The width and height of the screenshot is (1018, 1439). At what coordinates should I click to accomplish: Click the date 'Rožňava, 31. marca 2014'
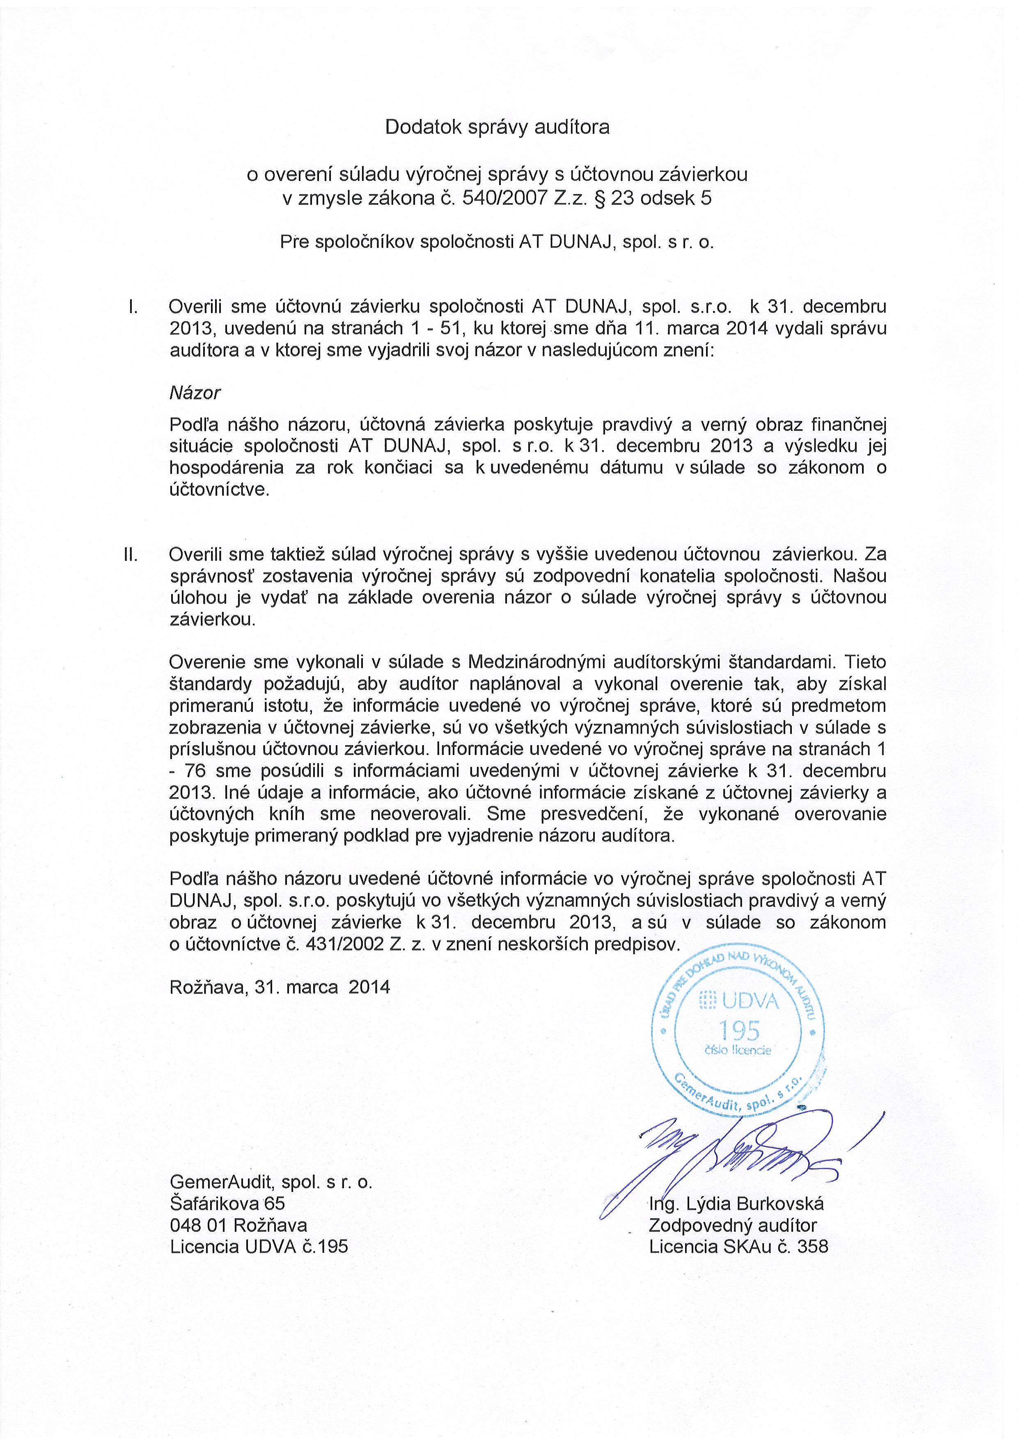pyautogui.click(x=280, y=987)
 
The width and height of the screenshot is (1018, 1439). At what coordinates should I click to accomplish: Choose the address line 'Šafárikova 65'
pyautogui.click(x=227, y=1203)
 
